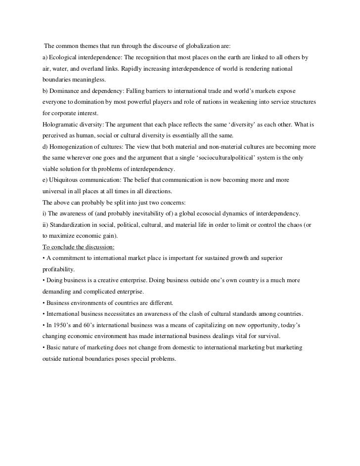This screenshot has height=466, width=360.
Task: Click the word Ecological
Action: pyautogui.click(x=64, y=58)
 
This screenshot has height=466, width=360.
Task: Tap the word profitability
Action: pyautogui.click(x=58, y=270)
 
